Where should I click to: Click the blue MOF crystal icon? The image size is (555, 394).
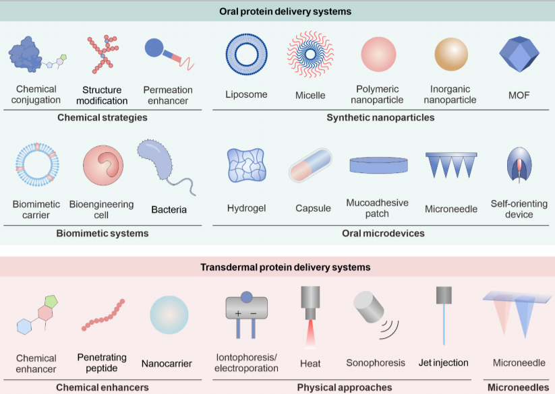[519, 54]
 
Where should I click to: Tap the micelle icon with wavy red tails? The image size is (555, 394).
[310, 54]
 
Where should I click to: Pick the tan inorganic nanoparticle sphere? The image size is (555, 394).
[451, 55]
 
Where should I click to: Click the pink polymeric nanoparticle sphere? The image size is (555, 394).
[378, 54]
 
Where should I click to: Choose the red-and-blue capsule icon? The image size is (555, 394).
[310, 166]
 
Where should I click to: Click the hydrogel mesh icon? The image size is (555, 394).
[247, 166]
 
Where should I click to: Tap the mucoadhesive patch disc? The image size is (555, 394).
[378, 166]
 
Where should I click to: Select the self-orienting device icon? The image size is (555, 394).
[519, 164]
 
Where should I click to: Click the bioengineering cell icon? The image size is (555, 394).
[103, 166]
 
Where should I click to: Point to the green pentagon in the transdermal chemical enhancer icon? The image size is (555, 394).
[51, 301]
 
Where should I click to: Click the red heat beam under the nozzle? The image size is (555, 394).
[310, 334]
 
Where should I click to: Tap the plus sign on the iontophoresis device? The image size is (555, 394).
[238, 313]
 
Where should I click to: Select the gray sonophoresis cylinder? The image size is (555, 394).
[369, 306]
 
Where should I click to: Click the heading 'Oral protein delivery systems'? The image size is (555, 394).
[285, 11]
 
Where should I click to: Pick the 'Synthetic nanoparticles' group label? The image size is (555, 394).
[380, 117]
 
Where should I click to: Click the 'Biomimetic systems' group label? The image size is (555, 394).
[103, 233]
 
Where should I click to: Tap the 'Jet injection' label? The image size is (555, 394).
[443, 363]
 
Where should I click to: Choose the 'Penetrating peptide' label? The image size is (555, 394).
[102, 362]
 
